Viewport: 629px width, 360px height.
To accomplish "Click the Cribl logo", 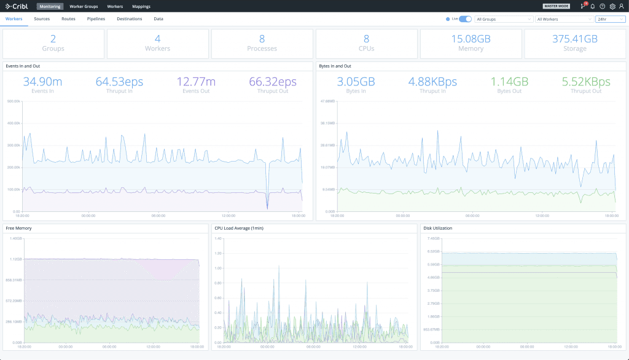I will point(17,6).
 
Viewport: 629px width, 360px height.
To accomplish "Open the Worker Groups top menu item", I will point(84,6).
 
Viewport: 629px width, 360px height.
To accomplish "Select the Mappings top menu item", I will point(141,6).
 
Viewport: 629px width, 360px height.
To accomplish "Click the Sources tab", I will point(42,19).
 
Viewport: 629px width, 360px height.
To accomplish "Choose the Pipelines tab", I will point(96,19).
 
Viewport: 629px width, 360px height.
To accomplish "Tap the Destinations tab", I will point(130,19).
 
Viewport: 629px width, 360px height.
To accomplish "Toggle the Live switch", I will point(466,19).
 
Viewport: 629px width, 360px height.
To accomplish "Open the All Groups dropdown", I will point(503,19).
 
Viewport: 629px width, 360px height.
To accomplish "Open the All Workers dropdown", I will point(563,19).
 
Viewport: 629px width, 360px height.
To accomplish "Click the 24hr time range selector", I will point(610,19).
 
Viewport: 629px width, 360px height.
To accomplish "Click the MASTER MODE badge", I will point(556,6).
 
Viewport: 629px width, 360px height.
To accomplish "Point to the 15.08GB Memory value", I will point(471,39).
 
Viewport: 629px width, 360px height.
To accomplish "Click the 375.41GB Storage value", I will point(575,39).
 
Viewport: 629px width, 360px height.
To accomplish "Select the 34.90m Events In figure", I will point(42,82).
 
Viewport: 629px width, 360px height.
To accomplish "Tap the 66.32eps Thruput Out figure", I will point(273,82).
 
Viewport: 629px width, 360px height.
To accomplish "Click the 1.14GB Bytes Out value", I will point(509,82).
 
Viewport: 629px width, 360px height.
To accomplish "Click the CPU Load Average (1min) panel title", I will point(239,228).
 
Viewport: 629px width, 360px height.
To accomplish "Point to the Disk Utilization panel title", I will point(438,228).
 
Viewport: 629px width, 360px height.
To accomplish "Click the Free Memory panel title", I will point(18,228).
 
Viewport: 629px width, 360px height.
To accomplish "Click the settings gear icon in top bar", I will point(612,6).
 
